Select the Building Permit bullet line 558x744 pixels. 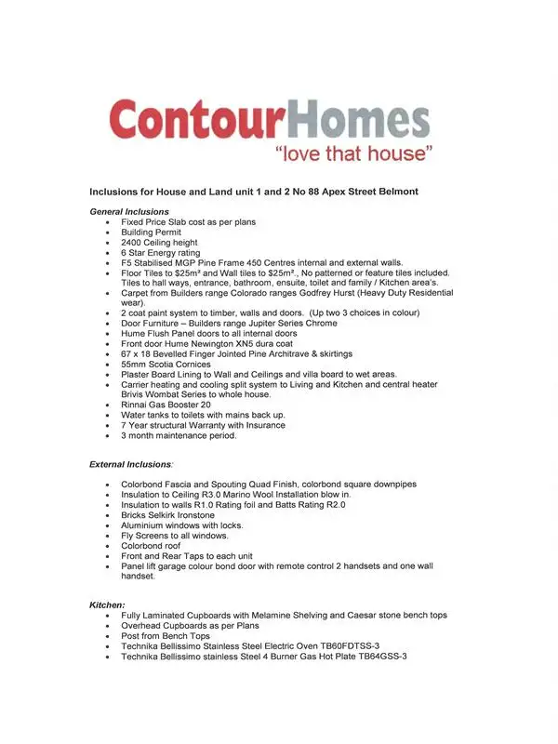[153, 232]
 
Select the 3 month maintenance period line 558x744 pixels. [179, 435]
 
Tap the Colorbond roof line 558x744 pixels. [151, 546]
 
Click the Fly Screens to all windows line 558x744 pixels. [175, 536]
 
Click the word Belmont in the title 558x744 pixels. [394, 191]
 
